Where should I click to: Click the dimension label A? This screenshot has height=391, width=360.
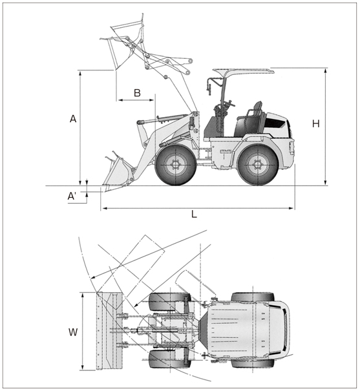coord(73,119)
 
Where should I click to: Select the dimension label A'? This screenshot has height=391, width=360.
coord(72,196)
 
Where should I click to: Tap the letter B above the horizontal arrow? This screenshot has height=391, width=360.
coord(137,93)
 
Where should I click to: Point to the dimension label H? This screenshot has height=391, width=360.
coord(316,123)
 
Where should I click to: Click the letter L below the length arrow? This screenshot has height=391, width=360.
coord(194,214)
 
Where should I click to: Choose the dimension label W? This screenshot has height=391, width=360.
coord(73,332)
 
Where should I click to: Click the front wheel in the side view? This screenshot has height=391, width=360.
coord(176,165)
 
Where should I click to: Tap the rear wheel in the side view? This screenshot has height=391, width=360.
coord(257,165)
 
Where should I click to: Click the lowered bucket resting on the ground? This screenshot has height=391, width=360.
coord(118,172)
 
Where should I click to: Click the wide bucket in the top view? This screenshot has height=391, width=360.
coord(109,330)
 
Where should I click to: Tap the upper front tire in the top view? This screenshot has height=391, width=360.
coord(169,302)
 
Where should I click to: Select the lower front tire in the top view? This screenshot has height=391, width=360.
coord(169,359)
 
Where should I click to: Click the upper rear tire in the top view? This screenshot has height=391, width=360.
coord(253,297)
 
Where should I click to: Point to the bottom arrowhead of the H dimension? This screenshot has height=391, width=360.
coord(325,183)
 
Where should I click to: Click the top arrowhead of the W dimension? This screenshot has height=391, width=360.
coord(83,295)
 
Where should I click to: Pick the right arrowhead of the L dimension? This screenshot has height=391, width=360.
coord(291,208)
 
